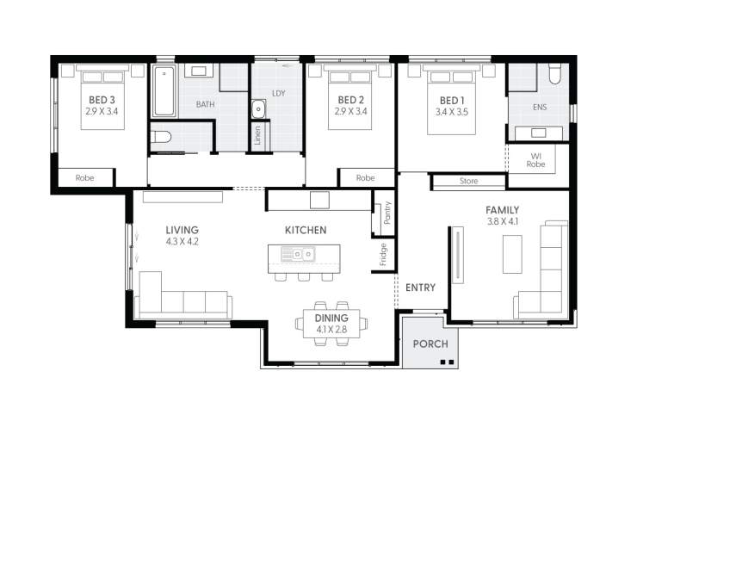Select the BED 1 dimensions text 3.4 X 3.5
pos(451,112)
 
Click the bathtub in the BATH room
pos(164,90)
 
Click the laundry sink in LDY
pos(258,109)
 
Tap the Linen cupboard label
pos(257,137)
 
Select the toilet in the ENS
pos(554,75)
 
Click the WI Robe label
pos(535,159)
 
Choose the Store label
pos(468,182)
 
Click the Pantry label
pos(387,213)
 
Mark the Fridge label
pos(383,254)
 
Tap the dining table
pos(331,324)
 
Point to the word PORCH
pos(430,343)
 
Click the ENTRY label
pos(421,288)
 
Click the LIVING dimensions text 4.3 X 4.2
pos(182,242)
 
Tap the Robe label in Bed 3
pos(84,178)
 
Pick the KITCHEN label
pos(306,230)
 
